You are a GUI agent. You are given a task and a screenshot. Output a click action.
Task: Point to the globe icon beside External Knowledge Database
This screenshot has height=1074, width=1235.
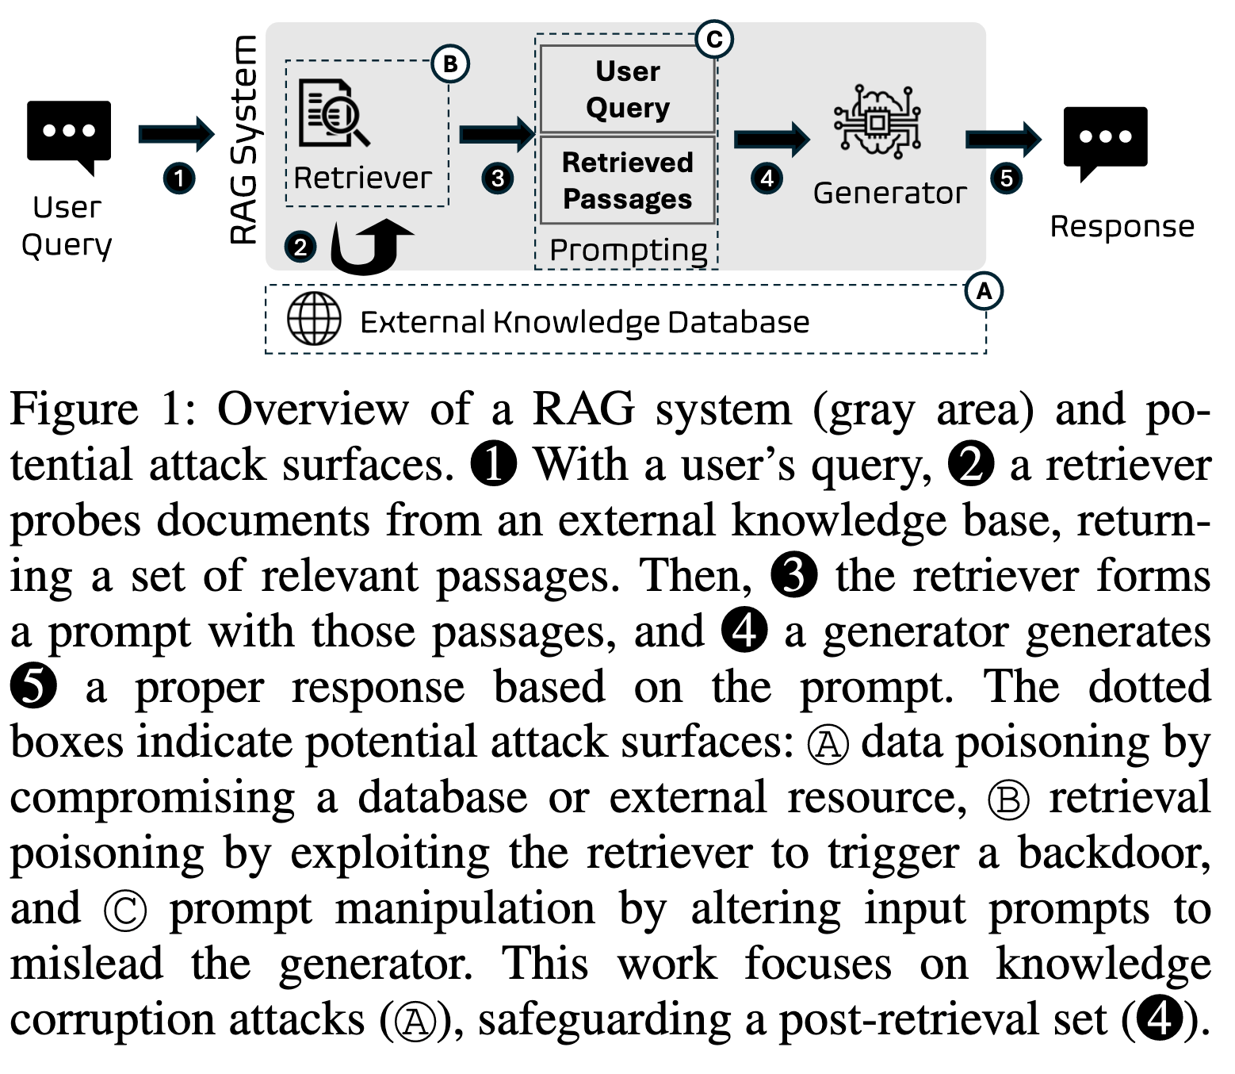314,319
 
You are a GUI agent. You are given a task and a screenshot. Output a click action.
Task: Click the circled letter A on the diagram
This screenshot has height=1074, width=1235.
984,291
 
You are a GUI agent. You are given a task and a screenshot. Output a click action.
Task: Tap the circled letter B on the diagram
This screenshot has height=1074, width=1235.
450,64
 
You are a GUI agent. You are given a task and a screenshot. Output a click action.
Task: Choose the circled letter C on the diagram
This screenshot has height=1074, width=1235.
713,40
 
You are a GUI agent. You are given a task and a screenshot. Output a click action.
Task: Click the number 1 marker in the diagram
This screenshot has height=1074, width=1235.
179,178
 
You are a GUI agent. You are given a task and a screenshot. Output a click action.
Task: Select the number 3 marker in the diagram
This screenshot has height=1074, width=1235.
497,178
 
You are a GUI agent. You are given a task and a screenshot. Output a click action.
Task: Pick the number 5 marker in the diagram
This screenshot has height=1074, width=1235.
1006,178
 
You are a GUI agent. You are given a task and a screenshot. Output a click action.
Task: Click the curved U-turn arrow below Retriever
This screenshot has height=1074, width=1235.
369,247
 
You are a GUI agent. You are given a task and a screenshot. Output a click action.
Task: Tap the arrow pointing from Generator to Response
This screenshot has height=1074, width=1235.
1003,140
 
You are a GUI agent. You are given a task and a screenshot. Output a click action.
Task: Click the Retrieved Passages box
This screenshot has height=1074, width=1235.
628,180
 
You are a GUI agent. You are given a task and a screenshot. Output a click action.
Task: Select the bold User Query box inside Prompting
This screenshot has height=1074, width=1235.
628,89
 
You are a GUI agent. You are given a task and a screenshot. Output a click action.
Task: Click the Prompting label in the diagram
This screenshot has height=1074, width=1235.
628,250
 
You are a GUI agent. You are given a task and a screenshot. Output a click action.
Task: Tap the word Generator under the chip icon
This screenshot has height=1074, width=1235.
889,194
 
